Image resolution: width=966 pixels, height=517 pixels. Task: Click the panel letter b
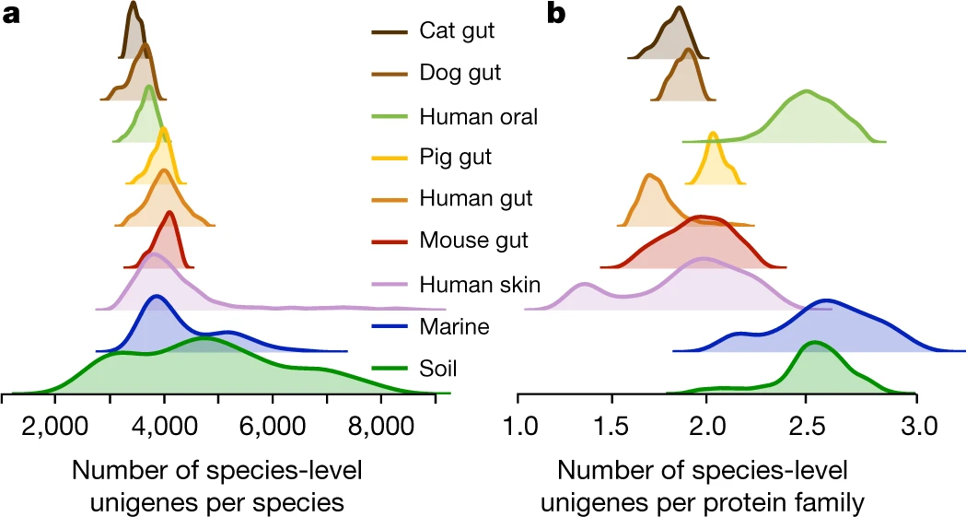tap(556, 13)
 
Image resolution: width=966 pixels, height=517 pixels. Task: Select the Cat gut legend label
tap(457, 30)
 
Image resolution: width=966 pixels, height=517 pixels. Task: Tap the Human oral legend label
tap(478, 117)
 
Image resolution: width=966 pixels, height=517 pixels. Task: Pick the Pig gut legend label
tap(455, 157)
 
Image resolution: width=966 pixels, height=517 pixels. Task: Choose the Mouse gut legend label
tap(473, 241)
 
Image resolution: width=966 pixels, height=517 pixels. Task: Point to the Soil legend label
tap(438, 370)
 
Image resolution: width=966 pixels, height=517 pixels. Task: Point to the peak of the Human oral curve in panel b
tap(807, 91)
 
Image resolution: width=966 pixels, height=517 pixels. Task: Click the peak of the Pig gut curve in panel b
tap(713, 134)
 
